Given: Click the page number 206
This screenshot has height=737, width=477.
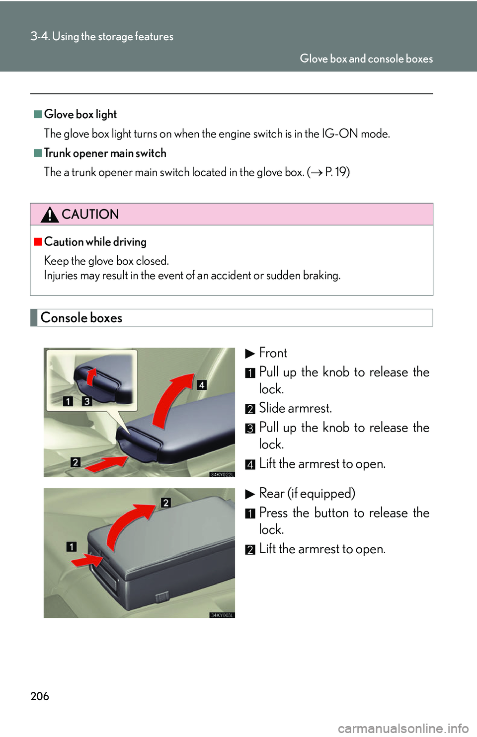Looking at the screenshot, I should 40,696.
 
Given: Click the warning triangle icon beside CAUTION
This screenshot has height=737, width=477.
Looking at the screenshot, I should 50,215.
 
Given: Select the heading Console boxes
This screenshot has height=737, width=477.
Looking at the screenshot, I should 81,318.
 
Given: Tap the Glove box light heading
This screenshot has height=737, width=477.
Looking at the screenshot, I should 80,114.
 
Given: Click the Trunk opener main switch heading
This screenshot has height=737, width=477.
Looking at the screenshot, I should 105,153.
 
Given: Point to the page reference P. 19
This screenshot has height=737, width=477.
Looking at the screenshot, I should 337,172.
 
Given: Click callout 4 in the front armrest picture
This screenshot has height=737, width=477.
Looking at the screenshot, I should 201,385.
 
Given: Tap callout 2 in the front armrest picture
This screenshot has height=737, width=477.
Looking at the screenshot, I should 75,462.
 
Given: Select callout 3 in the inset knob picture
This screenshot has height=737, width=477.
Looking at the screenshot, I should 87,401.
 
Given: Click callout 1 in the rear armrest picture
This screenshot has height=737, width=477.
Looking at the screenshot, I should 72,546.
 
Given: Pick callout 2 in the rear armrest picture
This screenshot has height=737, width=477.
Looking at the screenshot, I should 166,503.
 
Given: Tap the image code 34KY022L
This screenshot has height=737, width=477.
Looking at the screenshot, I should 222,474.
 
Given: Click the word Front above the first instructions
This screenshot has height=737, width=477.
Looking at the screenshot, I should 273,353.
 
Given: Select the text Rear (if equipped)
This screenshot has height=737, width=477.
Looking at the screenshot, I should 307,493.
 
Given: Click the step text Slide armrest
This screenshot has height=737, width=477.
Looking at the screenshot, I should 295,408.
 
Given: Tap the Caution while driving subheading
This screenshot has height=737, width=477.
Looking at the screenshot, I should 95,242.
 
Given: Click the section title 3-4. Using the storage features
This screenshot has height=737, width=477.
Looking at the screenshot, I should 102,36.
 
